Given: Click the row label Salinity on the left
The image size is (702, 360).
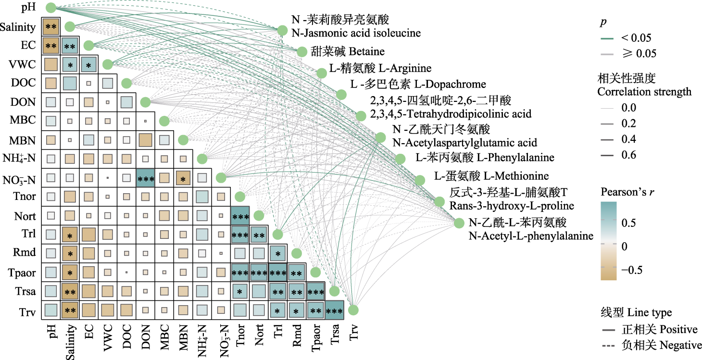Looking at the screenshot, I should pyautogui.click(x=17, y=27).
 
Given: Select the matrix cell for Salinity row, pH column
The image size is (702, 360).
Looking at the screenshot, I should pyautogui.click(x=50, y=27).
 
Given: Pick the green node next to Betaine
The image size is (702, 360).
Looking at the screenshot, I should pyautogui.click(x=302, y=52).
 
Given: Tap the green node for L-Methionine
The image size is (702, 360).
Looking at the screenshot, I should pyautogui.click(x=420, y=180).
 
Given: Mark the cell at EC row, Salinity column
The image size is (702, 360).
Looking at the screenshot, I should pyautogui.click(x=70, y=46).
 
